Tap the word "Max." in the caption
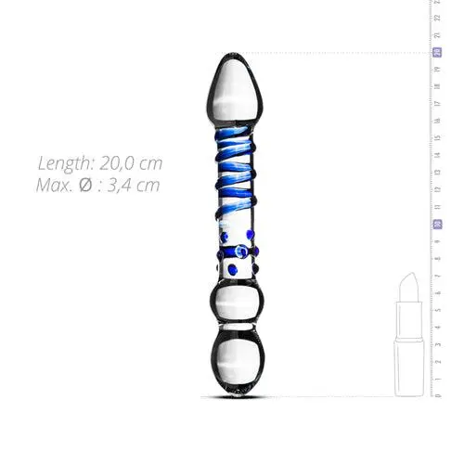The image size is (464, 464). [58, 184]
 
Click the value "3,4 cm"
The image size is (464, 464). [135, 184]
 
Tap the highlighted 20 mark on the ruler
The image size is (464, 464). [436, 52]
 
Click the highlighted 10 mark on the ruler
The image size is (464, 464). [436, 225]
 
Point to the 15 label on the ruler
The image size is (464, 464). [436, 138]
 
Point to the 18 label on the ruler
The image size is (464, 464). [436, 86]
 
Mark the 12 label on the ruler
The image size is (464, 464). [436, 190]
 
